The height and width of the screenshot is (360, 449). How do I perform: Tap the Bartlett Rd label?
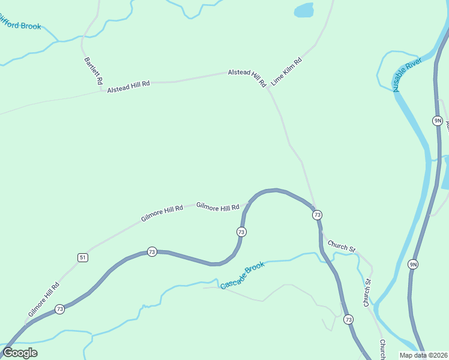[x=93, y=71]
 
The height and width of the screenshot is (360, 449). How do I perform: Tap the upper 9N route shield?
[x=437, y=121]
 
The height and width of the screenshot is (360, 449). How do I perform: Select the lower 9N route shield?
[x=412, y=264]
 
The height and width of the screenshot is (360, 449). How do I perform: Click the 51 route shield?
[x=82, y=257]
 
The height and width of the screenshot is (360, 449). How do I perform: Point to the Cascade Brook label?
[x=243, y=275]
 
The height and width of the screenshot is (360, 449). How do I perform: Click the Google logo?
[x=20, y=353]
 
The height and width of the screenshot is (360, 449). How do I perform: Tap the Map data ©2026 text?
[x=423, y=355]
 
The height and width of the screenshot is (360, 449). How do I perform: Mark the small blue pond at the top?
[x=304, y=10]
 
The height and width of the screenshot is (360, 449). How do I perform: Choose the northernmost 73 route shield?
[x=317, y=215]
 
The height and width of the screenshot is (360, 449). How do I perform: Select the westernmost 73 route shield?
[x=59, y=309]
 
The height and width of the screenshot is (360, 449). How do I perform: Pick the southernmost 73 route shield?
[x=349, y=320]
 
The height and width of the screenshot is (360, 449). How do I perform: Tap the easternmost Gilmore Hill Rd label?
[x=217, y=207]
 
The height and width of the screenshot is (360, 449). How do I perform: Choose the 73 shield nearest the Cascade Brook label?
[x=241, y=232]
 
